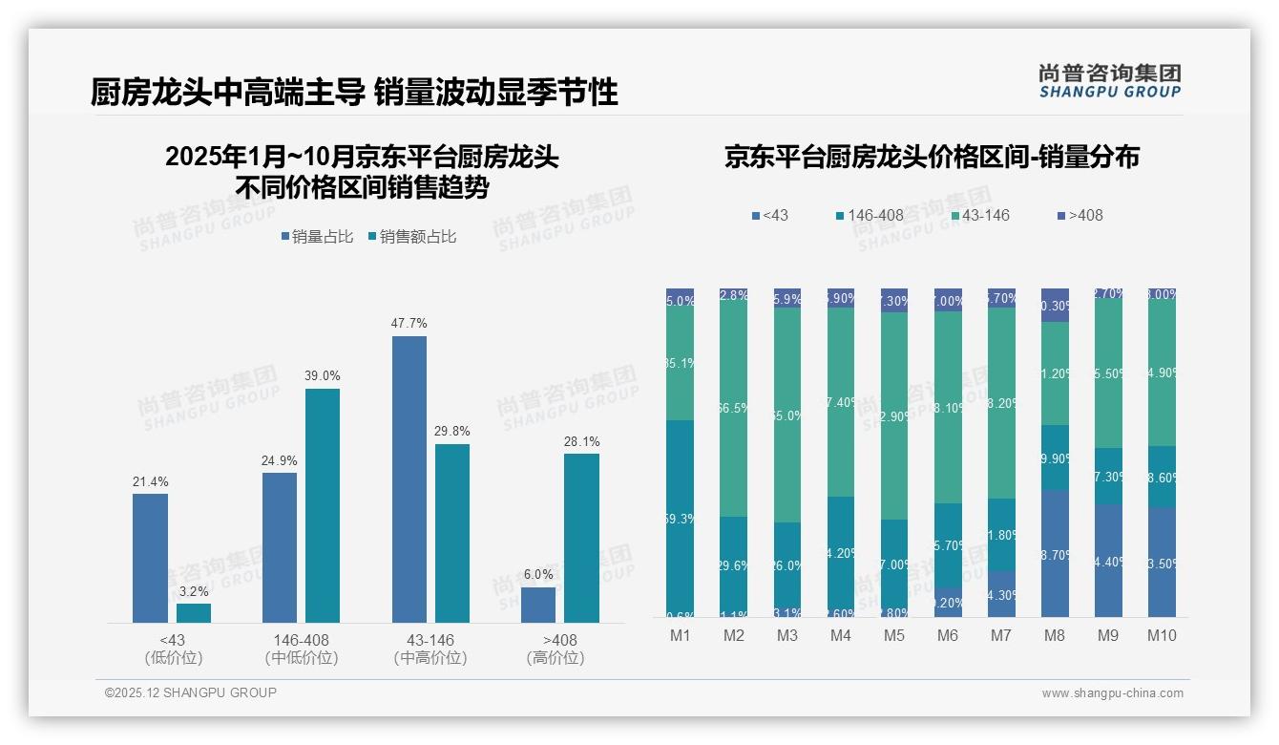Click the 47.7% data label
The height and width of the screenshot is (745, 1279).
pos(409,324)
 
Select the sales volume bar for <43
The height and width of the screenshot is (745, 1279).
pos(150,558)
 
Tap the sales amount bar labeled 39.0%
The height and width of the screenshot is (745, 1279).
pos(323,505)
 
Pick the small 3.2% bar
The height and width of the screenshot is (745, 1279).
pos(194,612)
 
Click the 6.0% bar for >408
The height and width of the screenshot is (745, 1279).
pos(538,605)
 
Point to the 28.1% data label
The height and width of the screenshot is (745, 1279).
pos(581,441)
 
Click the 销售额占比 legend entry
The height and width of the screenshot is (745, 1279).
pos(411,237)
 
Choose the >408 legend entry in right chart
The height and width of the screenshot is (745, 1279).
pos(1080,216)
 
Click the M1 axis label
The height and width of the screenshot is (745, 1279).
pos(680,635)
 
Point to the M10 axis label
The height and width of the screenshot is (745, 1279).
pos(1161,635)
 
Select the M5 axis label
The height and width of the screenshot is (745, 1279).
pos(893,635)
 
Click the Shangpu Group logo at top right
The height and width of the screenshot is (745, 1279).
pos(1109,80)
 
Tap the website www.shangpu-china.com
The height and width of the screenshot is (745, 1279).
pos(1112,693)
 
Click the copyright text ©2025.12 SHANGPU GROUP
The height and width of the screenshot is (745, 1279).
pos(191,693)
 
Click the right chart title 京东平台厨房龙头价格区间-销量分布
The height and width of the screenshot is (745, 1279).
pos(932,158)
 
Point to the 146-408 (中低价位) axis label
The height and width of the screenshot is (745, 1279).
pos(302,649)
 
